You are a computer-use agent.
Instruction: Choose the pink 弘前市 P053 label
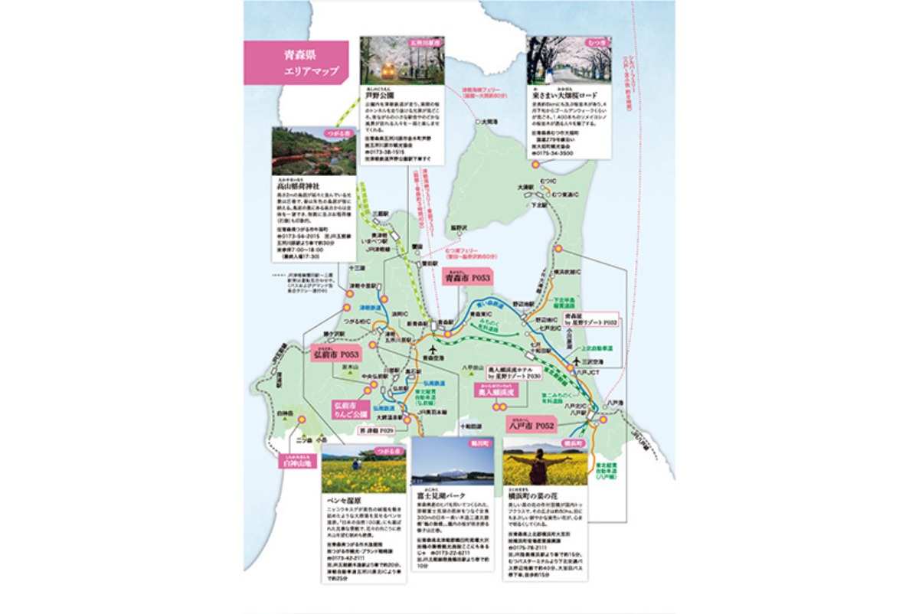[x=335, y=354]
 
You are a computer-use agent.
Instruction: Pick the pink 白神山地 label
[x=299, y=463]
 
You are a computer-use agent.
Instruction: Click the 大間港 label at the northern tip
[x=485, y=121]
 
